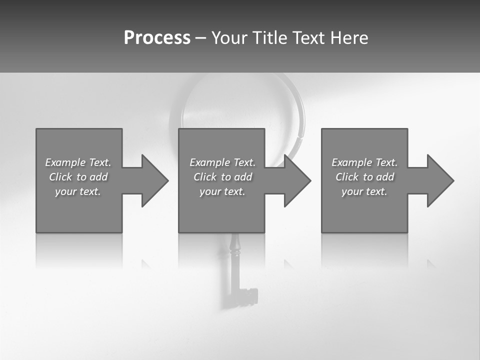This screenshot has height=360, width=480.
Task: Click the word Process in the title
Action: (157, 38)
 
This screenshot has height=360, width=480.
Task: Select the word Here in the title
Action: (349, 38)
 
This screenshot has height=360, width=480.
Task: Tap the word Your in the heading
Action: (229, 38)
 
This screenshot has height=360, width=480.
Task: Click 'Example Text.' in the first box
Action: (78, 162)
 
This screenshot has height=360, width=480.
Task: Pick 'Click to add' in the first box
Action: (78, 177)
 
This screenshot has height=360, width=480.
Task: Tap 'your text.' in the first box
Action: (78, 191)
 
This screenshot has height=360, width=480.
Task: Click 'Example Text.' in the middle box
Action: (222, 162)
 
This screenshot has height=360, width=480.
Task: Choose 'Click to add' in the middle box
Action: (222, 177)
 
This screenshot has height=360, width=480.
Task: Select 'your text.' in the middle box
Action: (222, 191)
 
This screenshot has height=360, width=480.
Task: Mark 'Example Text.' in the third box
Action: (364, 162)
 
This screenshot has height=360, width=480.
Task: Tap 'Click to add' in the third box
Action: (364, 177)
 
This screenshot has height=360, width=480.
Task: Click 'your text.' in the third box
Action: (364, 191)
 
